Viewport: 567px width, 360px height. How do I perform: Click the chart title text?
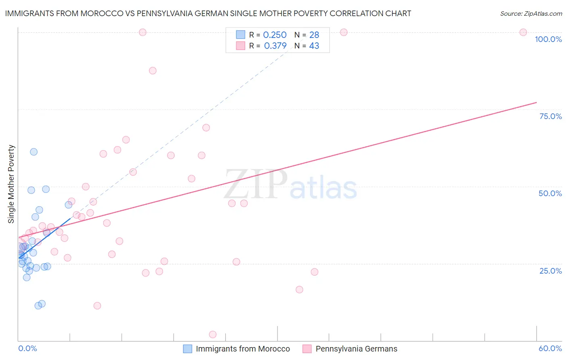[208, 13]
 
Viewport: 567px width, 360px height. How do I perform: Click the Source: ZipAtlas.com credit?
[531, 13]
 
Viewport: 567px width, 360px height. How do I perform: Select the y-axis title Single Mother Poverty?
[11, 184]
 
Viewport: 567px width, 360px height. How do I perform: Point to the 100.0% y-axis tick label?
[548, 39]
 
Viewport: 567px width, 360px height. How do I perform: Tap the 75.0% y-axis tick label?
[550, 116]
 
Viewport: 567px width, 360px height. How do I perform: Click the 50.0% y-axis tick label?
[550, 193]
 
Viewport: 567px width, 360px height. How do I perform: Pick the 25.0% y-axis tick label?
[550, 271]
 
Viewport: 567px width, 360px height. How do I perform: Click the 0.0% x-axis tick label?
[27, 348]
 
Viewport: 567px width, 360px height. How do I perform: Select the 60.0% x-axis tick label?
[550, 348]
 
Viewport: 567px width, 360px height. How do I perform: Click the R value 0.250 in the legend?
[275, 35]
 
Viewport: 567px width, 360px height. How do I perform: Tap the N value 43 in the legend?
[314, 46]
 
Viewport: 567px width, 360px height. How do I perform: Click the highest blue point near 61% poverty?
[34, 152]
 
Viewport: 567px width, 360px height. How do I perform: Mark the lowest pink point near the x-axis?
[213, 335]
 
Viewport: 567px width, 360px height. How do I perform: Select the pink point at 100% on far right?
[523, 32]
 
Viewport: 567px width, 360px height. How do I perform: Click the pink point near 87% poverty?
[152, 71]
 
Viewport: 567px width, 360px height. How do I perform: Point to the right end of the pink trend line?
[536, 102]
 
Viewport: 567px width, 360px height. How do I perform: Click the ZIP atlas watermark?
[290, 185]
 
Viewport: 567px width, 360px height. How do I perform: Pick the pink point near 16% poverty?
[299, 289]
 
